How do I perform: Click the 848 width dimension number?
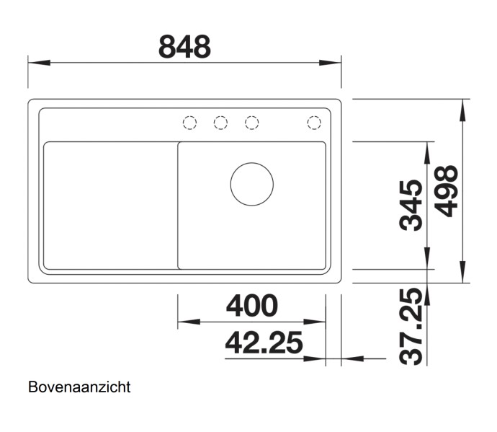pyautogui.click(x=184, y=48)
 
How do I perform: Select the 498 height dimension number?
pyautogui.click(x=448, y=190)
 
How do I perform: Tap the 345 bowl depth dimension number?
pyautogui.click(x=411, y=205)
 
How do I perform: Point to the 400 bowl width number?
pyautogui.click(x=251, y=306)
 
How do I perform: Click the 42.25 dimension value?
pyautogui.click(x=263, y=343)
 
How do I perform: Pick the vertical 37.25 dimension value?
pyautogui.click(x=411, y=326)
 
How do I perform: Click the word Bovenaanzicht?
pyautogui.click(x=79, y=387)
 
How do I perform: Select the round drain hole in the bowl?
pyautogui.click(x=251, y=183)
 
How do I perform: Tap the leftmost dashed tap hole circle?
pyautogui.click(x=189, y=123)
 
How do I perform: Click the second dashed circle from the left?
pyautogui.click(x=220, y=123)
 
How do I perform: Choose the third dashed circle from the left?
pyautogui.click(x=251, y=123)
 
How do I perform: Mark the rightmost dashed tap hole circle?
pyautogui.click(x=314, y=123)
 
